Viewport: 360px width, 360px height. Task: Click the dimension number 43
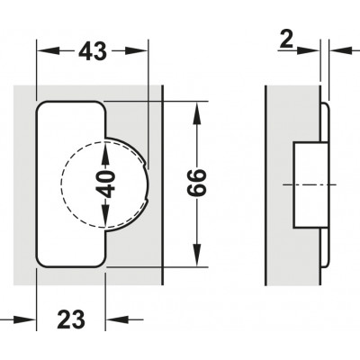tap(93, 51)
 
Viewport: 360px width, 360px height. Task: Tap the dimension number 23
tap(71, 319)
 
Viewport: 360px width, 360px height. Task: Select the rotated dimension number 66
tap(196, 184)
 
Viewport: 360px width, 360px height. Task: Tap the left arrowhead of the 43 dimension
tap(48, 51)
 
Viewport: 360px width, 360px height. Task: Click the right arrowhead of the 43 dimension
tap(137, 51)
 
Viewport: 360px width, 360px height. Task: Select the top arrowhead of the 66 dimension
tap(197, 113)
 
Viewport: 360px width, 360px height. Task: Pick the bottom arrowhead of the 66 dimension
tap(197, 255)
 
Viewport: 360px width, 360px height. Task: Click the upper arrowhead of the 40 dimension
tap(104, 153)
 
